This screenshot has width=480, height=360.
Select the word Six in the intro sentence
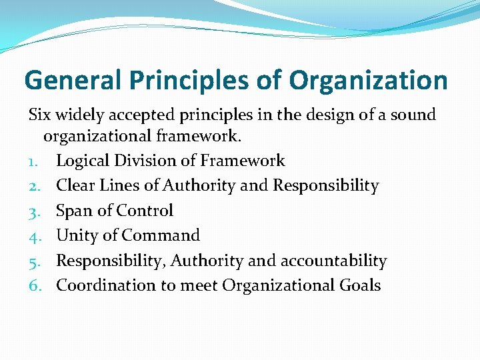39,115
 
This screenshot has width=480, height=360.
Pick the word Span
73,211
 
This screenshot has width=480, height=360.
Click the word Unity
77,236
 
